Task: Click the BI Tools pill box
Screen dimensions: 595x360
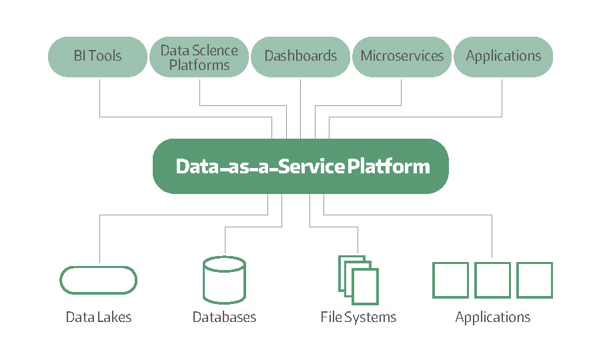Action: [x=97, y=57]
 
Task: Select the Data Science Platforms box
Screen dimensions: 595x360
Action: [x=199, y=57]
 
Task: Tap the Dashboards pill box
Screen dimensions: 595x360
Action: [x=301, y=57]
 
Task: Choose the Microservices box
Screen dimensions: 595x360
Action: [x=402, y=57]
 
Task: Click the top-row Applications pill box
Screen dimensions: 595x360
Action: [x=503, y=57]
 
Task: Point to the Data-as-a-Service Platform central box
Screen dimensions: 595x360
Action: [x=301, y=166]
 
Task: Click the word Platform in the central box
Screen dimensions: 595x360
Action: [x=389, y=166]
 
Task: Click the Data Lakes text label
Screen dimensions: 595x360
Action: [x=99, y=317]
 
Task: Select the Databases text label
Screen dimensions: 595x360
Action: [x=224, y=317]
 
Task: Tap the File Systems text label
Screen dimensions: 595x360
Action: [x=358, y=317]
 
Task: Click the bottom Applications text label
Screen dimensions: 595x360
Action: [x=492, y=317]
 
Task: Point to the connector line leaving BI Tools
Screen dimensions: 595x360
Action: [x=186, y=117]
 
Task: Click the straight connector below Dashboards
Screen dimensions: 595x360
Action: [x=301, y=109]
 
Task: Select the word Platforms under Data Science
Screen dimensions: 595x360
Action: [x=199, y=65]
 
